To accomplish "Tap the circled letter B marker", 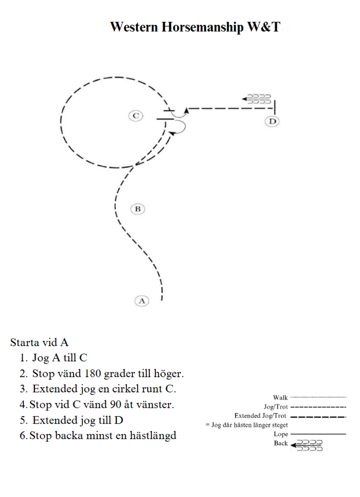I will tap(138, 209).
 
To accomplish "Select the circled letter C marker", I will tap(135, 116).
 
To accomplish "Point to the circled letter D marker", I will tap(272, 121).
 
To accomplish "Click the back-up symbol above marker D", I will tap(256, 99).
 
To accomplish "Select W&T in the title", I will tap(263, 27).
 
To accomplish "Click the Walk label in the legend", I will tap(280, 397).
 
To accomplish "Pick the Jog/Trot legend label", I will tap(275, 407).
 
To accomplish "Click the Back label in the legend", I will tap(280, 443).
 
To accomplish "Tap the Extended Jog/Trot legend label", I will tap(261, 416).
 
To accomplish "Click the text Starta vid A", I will tap(39, 342).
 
